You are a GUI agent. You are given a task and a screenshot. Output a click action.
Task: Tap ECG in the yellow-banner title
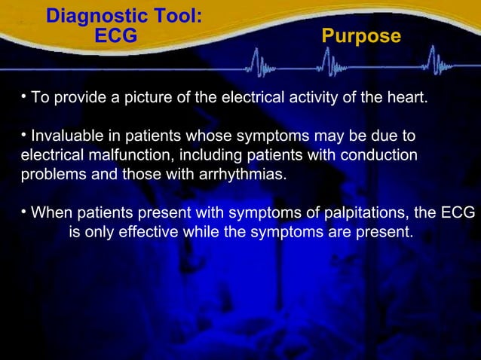coord(116,36)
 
